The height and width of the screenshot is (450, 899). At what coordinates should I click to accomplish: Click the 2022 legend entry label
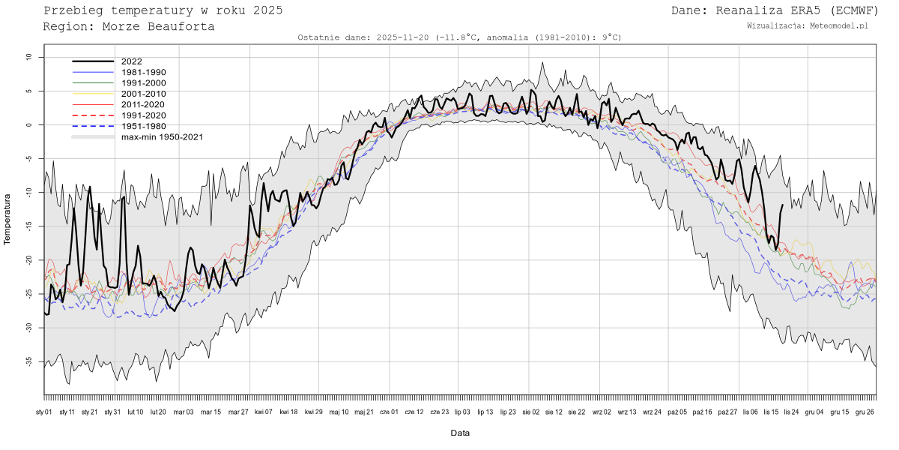tap(132, 61)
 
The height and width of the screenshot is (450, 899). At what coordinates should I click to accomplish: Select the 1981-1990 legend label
tap(144, 72)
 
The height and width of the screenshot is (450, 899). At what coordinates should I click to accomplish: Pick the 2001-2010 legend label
tap(144, 94)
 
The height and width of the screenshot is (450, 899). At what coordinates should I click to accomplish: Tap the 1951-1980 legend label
tap(144, 126)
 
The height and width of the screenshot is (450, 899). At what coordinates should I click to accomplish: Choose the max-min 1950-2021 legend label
tap(162, 137)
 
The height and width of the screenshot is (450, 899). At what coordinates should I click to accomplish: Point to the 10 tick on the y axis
tap(28, 57)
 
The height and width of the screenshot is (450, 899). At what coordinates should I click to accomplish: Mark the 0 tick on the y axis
tap(30, 125)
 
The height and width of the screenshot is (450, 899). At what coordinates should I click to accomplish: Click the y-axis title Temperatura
tap(8, 219)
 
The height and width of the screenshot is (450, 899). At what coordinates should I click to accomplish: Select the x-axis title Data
tap(460, 433)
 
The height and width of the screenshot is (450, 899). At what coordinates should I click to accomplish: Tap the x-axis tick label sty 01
tap(44, 412)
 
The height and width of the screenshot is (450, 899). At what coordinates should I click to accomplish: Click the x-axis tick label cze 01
tap(390, 412)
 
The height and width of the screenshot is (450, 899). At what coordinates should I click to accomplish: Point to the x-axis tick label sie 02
tap(530, 412)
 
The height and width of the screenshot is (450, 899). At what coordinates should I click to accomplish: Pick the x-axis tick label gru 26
tap(865, 412)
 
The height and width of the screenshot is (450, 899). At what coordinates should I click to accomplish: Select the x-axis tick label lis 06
tap(749, 412)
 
